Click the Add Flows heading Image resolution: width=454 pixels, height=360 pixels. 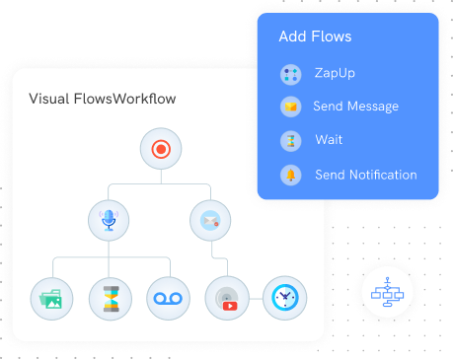315,37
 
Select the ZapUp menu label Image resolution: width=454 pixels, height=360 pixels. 335,73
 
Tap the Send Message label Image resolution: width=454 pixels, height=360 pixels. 355,107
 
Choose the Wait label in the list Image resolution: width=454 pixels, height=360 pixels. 329,140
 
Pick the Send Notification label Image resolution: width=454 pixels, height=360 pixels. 365,175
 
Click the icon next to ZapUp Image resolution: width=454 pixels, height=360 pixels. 290,73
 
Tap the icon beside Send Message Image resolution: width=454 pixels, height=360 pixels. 290,107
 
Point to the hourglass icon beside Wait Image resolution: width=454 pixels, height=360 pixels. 290,140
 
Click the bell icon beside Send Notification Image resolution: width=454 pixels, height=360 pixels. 290,175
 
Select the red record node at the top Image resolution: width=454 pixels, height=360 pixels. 160,150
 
